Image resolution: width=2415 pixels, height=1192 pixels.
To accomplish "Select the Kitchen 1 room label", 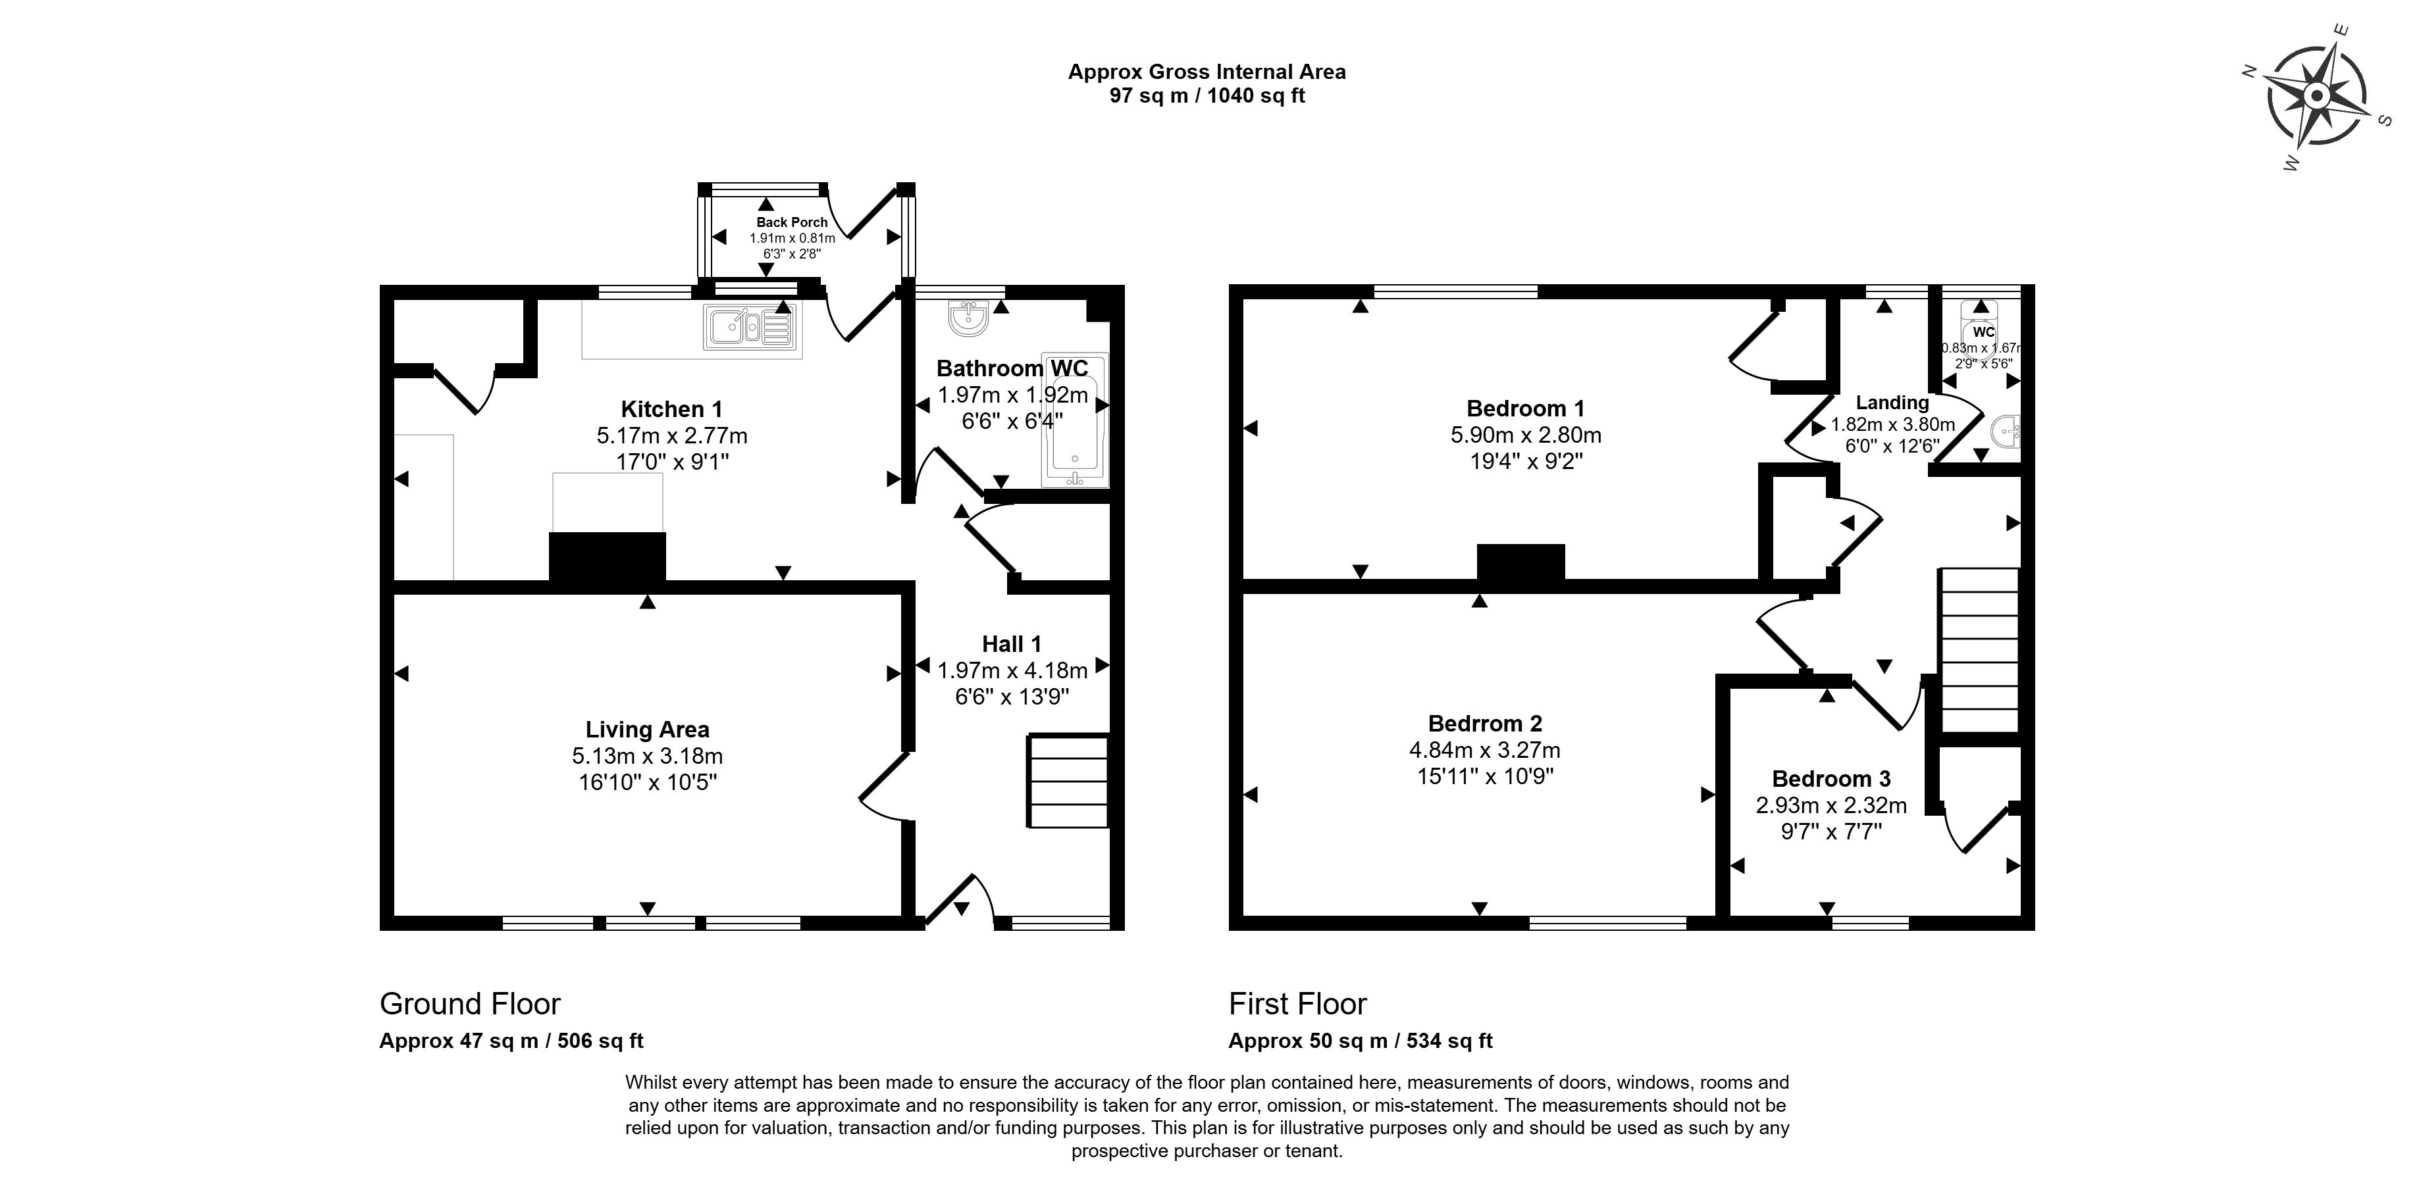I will [x=671, y=410].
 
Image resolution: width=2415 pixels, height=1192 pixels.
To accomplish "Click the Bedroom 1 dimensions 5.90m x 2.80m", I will [x=1525, y=435].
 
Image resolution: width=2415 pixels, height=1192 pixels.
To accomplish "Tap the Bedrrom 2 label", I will [x=1484, y=724].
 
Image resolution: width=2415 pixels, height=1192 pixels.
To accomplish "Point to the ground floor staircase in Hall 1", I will [x=1069, y=781].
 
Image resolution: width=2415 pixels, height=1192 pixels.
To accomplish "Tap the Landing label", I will [x=1892, y=403].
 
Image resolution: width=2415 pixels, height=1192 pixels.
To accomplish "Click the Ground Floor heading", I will [x=470, y=1004].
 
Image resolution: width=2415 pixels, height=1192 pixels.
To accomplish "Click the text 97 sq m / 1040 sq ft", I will [x=1207, y=95].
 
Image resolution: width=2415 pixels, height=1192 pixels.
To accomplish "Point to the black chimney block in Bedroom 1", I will [x=1520, y=563].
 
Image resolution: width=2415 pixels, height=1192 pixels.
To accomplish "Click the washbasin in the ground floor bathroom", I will [x=968, y=318].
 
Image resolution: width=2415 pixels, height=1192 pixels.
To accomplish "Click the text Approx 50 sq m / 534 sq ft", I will [x=1361, y=1040].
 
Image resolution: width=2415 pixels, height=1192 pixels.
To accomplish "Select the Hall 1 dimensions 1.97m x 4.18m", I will [x=1012, y=671].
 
